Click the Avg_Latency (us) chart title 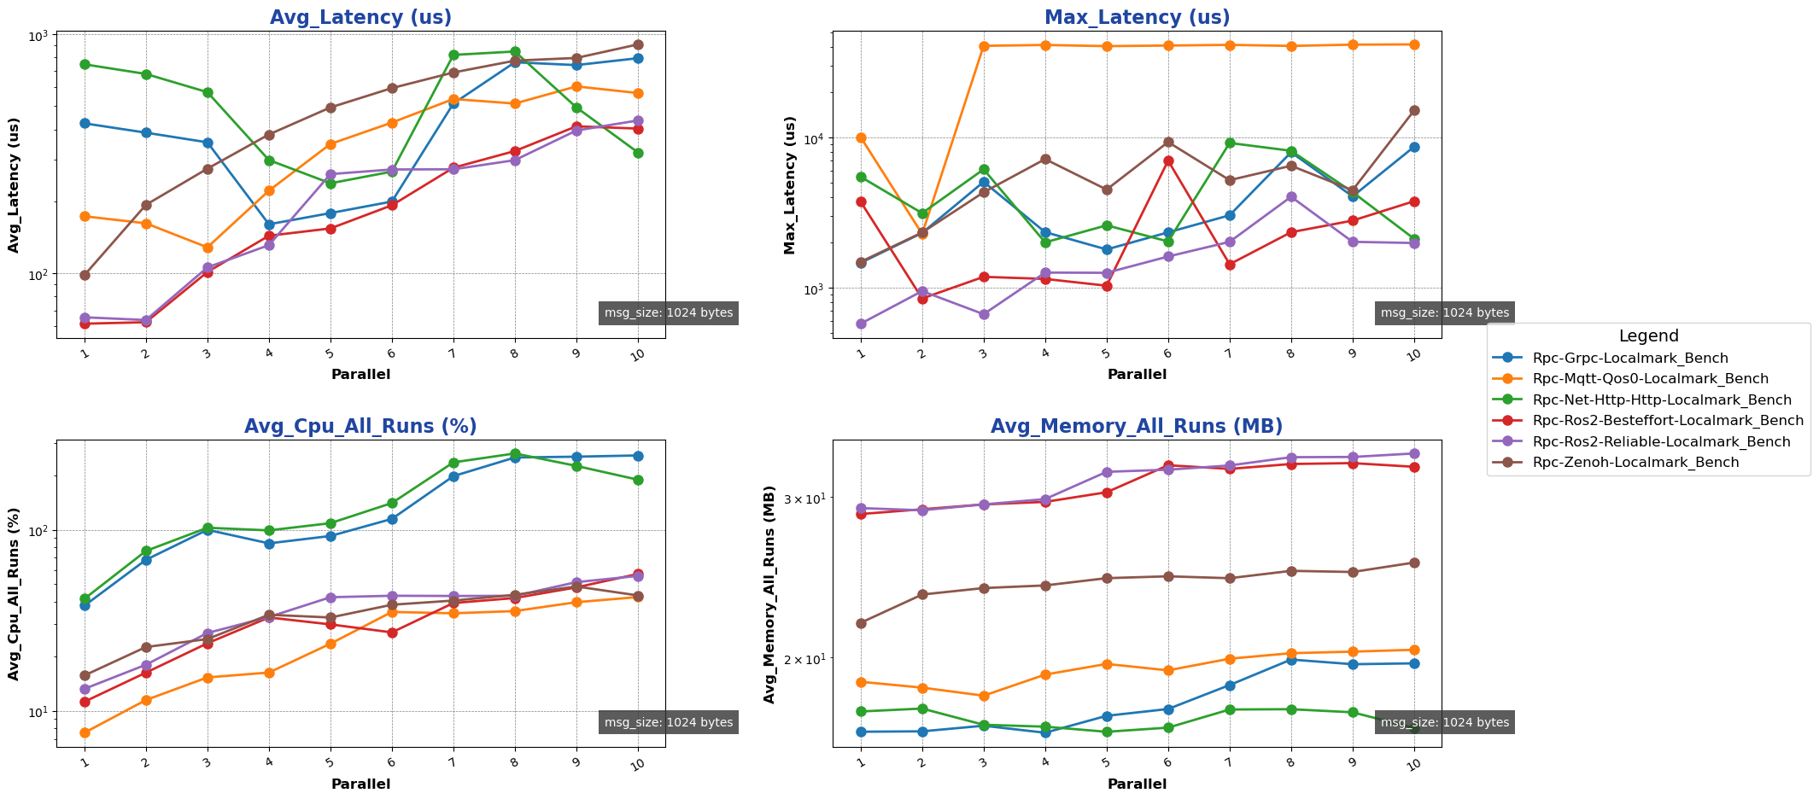click(x=360, y=17)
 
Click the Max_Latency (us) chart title click(x=1137, y=17)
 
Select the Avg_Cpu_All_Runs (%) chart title click(x=360, y=427)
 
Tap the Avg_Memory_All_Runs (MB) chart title click(x=1137, y=427)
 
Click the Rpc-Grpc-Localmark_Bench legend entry click(x=1630, y=359)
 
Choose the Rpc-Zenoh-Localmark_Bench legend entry click(x=1635, y=463)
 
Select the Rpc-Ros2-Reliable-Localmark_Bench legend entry click(x=1661, y=441)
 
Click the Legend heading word click(x=1648, y=336)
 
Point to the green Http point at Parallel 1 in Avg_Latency click(x=85, y=64)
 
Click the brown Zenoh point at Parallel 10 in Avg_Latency click(x=638, y=44)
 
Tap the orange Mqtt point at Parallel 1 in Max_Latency click(x=861, y=137)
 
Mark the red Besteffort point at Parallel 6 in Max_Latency click(x=1168, y=160)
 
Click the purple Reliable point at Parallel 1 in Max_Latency click(x=861, y=324)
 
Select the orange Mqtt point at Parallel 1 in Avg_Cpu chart click(x=85, y=732)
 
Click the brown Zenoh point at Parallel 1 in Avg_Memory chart click(x=861, y=623)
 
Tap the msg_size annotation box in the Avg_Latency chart click(x=668, y=313)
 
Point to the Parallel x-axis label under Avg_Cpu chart click(x=360, y=784)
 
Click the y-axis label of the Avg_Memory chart click(x=769, y=594)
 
